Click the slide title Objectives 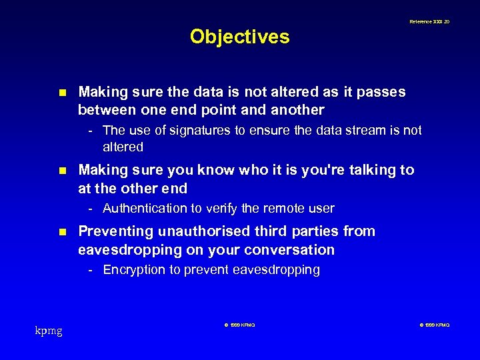coord(239,36)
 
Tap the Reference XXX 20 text coord(429,22)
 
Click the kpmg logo coord(49,330)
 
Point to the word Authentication coord(145,209)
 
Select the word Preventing coord(116,231)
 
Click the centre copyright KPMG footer coord(238,325)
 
